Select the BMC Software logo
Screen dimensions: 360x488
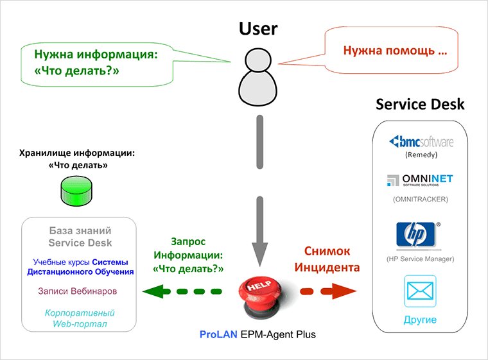click(421, 141)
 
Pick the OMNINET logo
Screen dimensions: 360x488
click(420, 181)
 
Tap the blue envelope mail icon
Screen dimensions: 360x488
click(421, 292)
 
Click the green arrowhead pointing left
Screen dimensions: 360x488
click(152, 293)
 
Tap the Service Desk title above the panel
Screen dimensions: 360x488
click(420, 104)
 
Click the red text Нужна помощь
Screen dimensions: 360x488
click(395, 49)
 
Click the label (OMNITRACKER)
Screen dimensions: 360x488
click(421, 199)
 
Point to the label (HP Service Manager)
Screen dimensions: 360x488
click(421, 259)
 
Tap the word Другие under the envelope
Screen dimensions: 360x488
click(421, 319)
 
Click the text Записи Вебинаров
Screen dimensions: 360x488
click(78, 291)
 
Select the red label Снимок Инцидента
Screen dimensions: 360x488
click(331, 259)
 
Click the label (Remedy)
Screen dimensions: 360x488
click(421, 155)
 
